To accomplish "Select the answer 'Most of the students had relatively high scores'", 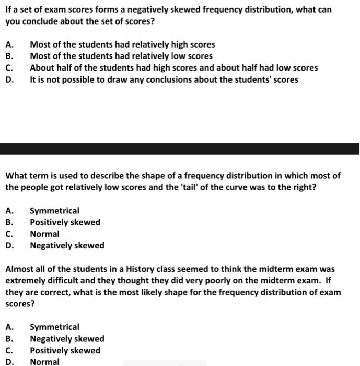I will [x=122, y=45].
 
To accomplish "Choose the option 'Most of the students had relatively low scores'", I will [x=121, y=56].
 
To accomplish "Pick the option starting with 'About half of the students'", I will [x=173, y=68].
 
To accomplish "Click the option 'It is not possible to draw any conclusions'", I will [x=164, y=79].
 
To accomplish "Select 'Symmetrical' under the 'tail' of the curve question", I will [x=55, y=211].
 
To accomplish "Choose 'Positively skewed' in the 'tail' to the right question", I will [x=65, y=222].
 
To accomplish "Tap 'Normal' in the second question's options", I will [x=44, y=234].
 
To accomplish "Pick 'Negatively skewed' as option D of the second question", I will [x=67, y=245].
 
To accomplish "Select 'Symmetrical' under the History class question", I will [x=55, y=327].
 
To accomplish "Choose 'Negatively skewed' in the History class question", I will [x=67, y=339].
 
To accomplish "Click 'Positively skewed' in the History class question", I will [x=65, y=350].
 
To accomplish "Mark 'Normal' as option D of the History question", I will [x=44, y=362].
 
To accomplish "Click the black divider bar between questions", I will [x=180, y=148].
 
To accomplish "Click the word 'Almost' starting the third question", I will [x=19, y=269].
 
